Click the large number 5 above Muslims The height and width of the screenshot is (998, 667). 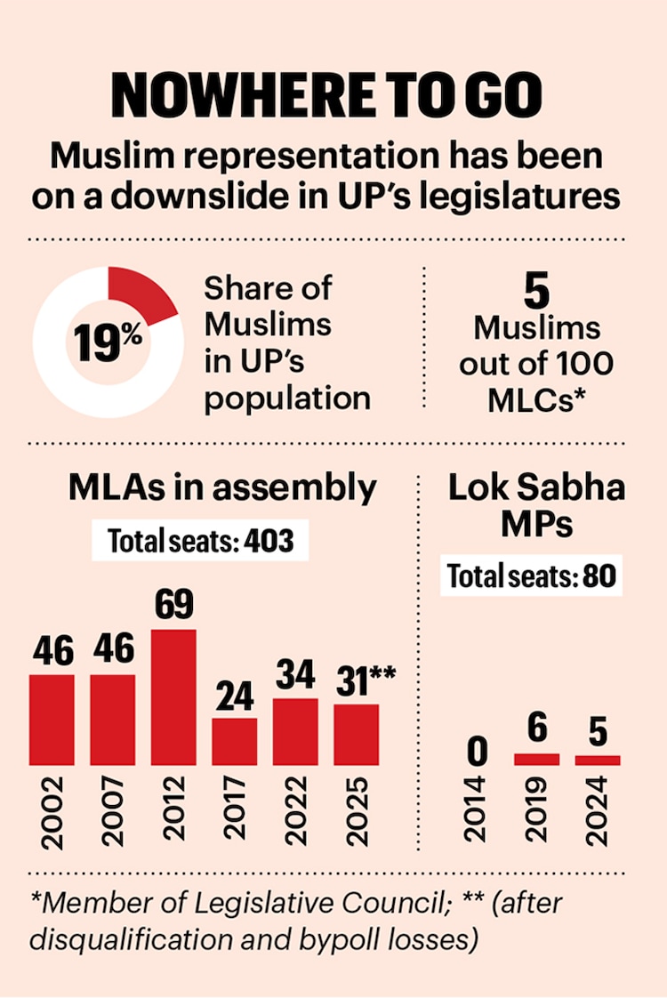tap(535, 291)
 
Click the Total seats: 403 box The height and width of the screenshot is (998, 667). tap(200, 541)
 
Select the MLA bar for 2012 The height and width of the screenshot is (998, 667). tap(174, 697)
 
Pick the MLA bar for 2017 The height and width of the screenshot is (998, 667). tap(235, 742)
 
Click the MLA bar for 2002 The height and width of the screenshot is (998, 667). tap(52, 720)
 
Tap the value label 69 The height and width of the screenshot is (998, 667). tap(174, 608)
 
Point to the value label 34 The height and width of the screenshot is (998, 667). tap(295, 676)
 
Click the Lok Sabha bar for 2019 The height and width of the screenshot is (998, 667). tap(536, 760)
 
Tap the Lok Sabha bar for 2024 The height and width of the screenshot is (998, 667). tap(597, 761)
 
